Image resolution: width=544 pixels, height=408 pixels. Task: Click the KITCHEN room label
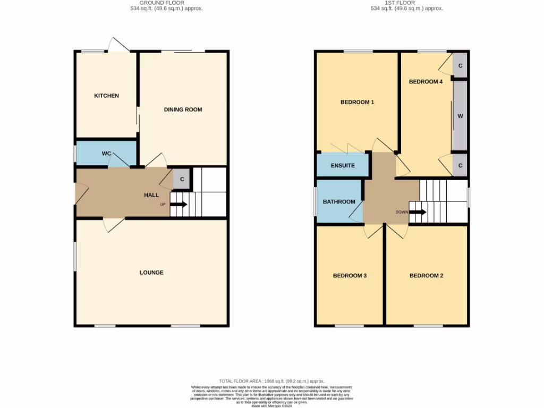click(106, 96)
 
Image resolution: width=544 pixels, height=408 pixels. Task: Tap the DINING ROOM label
click(183, 109)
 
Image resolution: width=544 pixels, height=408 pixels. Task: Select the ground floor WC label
click(106, 154)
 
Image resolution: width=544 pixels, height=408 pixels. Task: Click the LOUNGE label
click(151, 273)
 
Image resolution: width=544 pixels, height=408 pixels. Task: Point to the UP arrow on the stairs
click(178, 204)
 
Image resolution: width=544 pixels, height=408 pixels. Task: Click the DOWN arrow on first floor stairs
click(418, 212)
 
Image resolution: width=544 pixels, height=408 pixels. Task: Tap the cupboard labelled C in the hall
click(182, 179)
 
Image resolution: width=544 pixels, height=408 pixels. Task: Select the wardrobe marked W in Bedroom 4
click(460, 115)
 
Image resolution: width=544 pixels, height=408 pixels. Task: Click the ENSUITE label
click(343, 165)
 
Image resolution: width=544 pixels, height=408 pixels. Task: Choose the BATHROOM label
click(339, 201)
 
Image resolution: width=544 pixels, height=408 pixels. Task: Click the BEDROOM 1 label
click(357, 102)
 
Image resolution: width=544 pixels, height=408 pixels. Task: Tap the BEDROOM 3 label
click(350, 276)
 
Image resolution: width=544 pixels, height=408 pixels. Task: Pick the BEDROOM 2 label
click(426, 276)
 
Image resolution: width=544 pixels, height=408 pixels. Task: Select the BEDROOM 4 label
click(426, 82)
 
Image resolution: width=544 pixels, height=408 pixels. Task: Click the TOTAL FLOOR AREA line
click(271, 381)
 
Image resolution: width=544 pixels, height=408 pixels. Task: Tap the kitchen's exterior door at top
click(118, 46)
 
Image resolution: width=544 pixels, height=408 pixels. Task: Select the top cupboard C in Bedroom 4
click(460, 65)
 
